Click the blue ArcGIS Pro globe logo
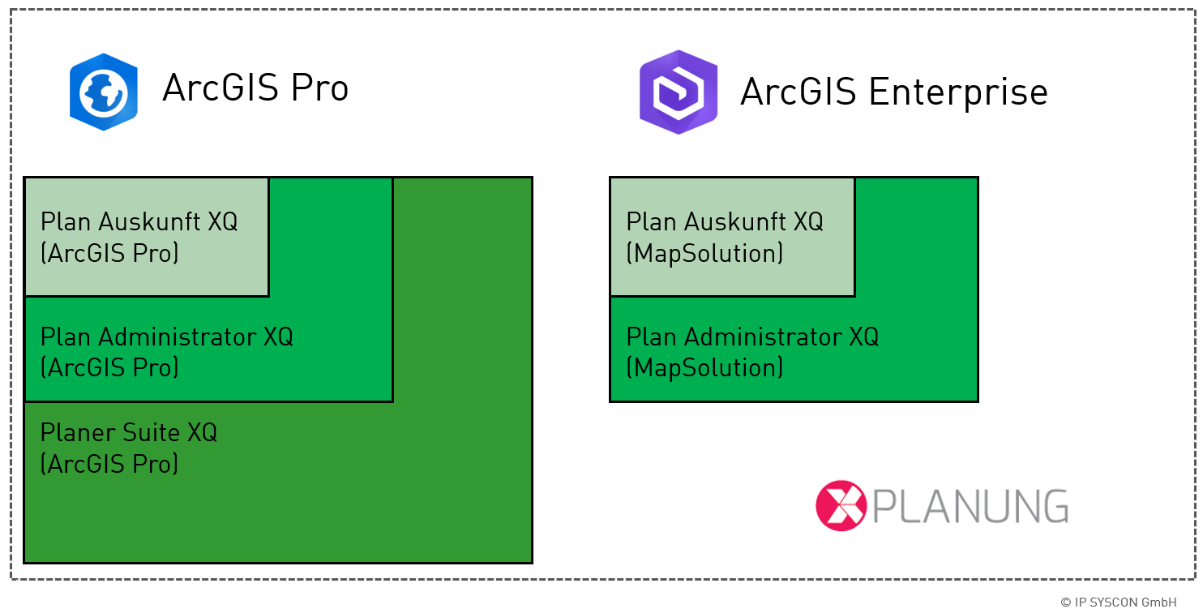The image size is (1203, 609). pyautogui.click(x=103, y=92)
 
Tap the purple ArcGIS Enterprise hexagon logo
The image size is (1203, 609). pyautogui.click(x=678, y=92)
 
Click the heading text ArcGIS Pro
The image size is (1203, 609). pyautogui.click(x=255, y=88)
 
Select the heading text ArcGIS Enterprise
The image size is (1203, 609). pyautogui.click(x=893, y=92)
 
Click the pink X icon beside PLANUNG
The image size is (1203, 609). pyautogui.click(x=841, y=506)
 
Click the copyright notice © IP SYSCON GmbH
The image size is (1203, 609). pyautogui.click(x=1118, y=602)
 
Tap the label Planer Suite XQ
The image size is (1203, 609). pyautogui.click(x=129, y=432)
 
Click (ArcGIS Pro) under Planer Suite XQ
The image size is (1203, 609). pyautogui.click(x=109, y=464)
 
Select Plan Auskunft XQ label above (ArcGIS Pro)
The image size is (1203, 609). pyautogui.click(x=139, y=221)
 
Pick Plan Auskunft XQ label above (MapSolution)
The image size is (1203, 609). pyautogui.click(x=725, y=221)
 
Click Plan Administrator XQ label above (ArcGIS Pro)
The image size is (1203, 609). pyautogui.click(x=166, y=337)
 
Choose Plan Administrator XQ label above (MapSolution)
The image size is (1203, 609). pyautogui.click(x=752, y=337)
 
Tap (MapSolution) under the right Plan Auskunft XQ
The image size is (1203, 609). pyautogui.click(x=704, y=253)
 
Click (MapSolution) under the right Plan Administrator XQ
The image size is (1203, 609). pyautogui.click(x=704, y=368)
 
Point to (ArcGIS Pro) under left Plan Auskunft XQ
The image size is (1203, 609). pyautogui.click(x=109, y=253)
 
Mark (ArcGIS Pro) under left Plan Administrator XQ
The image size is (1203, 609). pyautogui.click(x=109, y=368)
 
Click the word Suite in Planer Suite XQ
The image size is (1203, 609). pyautogui.click(x=152, y=432)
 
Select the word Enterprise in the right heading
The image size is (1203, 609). pyautogui.click(x=957, y=92)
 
